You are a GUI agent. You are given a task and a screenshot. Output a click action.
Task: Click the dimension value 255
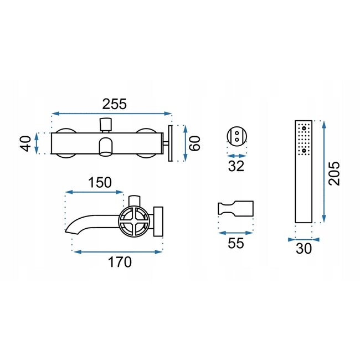pyautogui.click(x=115, y=104)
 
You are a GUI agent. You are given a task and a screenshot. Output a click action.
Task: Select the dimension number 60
pyautogui.click(x=193, y=143)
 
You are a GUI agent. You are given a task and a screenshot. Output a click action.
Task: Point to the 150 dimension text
pyautogui.click(x=100, y=182)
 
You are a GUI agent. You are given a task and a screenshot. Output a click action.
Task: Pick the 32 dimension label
pyautogui.click(x=236, y=166)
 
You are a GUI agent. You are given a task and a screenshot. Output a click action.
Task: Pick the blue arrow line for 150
pyautogui.click(x=94, y=193)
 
